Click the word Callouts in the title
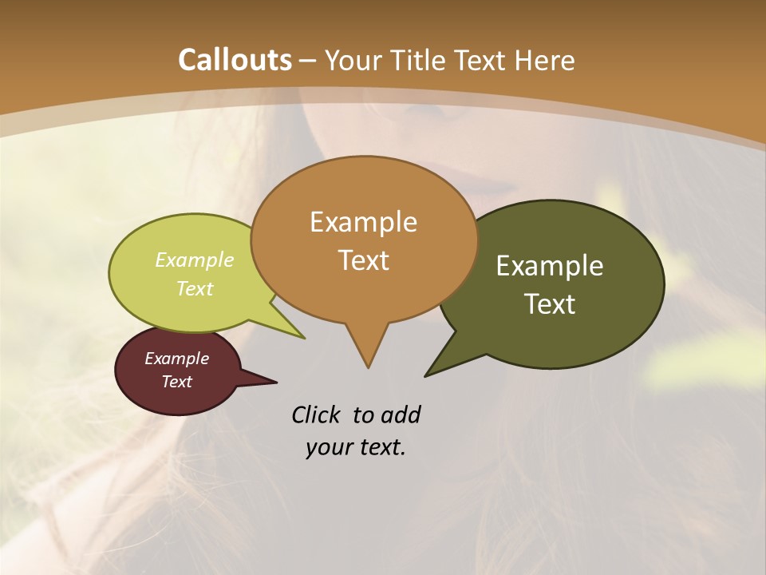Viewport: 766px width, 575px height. [235, 60]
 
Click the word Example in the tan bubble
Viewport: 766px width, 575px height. [363, 222]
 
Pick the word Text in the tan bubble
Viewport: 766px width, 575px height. [363, 260]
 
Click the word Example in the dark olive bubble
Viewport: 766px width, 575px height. [550, 266]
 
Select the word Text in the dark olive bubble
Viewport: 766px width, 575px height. [550, 303]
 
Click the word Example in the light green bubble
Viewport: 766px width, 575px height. [195, 260]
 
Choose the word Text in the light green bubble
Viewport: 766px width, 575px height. [195, 288]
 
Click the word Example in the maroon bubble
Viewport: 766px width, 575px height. [176, 359]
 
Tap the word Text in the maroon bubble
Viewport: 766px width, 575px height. [176, 382]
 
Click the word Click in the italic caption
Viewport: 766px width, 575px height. [315, 414]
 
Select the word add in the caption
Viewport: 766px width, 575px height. [401, 414]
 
